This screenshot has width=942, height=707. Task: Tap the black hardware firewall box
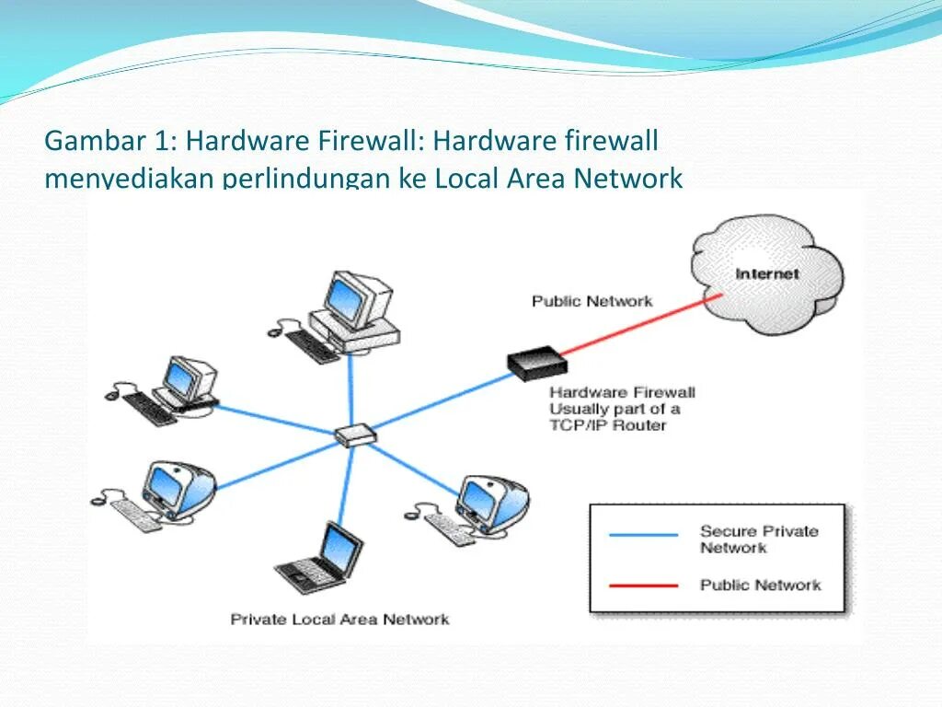coord(534,363)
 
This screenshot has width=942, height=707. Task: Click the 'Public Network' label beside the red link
coord(592,301)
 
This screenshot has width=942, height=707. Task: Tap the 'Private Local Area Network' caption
coord(339,619)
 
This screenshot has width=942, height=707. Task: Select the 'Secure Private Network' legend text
coord(758,539)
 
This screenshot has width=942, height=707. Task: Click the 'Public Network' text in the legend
coord(760,585)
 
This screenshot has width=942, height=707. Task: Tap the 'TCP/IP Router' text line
coord(607,425)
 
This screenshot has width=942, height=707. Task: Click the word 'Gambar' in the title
coord(96,141)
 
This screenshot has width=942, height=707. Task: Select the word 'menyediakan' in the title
coord(130,178)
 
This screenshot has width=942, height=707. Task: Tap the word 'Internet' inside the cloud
coord(767,273)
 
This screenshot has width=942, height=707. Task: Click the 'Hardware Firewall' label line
coord(622,392)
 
